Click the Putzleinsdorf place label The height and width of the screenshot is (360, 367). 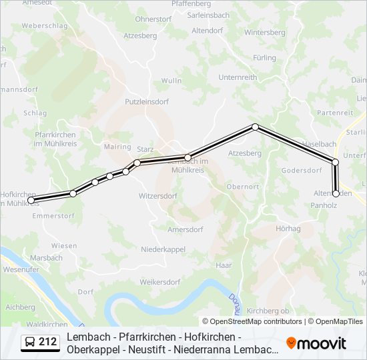point(147,102)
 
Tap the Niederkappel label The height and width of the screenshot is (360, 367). point(163,249)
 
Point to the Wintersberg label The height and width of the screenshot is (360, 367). point(264,32)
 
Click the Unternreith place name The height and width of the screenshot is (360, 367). point(238,77)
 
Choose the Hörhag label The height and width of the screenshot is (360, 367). point(288,229)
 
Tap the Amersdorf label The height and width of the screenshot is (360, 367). point(184,229)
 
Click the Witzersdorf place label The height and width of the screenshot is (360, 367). point(157,196)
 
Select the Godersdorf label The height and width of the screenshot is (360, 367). point(302,170)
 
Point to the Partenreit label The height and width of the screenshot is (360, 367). point(334,113)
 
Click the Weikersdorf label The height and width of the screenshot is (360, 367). point(160,282)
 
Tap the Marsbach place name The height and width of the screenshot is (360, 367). point(46,257)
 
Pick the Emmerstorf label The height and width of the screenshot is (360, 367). point(53,215)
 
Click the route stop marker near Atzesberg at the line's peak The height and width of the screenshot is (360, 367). point(255,127)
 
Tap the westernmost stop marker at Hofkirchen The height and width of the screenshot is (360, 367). point(31,200)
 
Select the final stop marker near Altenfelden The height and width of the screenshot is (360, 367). point(336,194)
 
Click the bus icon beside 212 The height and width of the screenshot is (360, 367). point(30,343)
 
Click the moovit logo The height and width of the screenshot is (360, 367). point(316,343)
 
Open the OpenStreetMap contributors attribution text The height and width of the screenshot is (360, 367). point(252,321)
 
